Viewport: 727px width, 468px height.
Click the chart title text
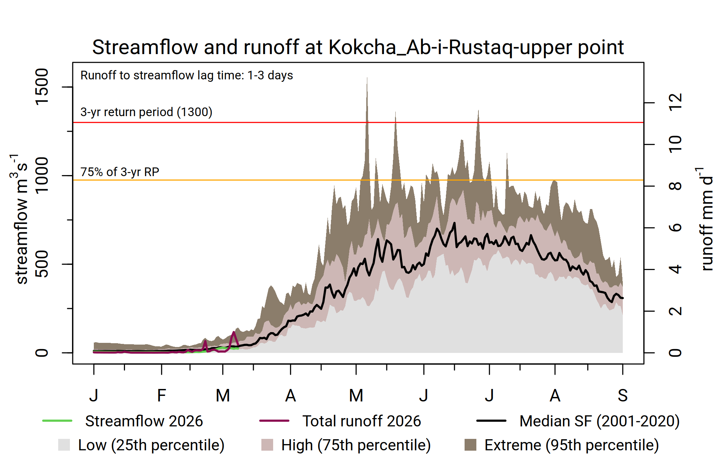[x=358, y=47]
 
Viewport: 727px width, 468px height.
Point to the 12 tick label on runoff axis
[x=675, y=103]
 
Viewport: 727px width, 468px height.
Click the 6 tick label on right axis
[x=675, y=228]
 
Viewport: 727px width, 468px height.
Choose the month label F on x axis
[x=161, y=396]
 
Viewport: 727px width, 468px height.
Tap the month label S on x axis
[x=622, y=396]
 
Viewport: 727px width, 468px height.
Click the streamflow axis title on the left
[x=21, y=219]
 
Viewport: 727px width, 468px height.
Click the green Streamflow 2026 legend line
[x=57, y=421]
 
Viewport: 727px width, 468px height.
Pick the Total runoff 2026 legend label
[x=361, y=421]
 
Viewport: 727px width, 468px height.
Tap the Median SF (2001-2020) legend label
[x=599, y=421]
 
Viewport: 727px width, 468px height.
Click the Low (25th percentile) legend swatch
[x=64, y=445]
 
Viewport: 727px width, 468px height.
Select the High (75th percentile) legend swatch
[x=267, y=445]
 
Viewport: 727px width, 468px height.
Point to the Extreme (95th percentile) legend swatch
[x=470, y=445]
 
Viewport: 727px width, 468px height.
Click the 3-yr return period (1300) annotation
[x=146, y=112]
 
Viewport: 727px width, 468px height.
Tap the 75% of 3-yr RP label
[x=120, y=172]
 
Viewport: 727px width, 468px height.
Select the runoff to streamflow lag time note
[x=187, y=76]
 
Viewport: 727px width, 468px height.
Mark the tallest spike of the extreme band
[x=367, y=78]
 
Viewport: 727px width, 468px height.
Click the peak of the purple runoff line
[x=234, y=332]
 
